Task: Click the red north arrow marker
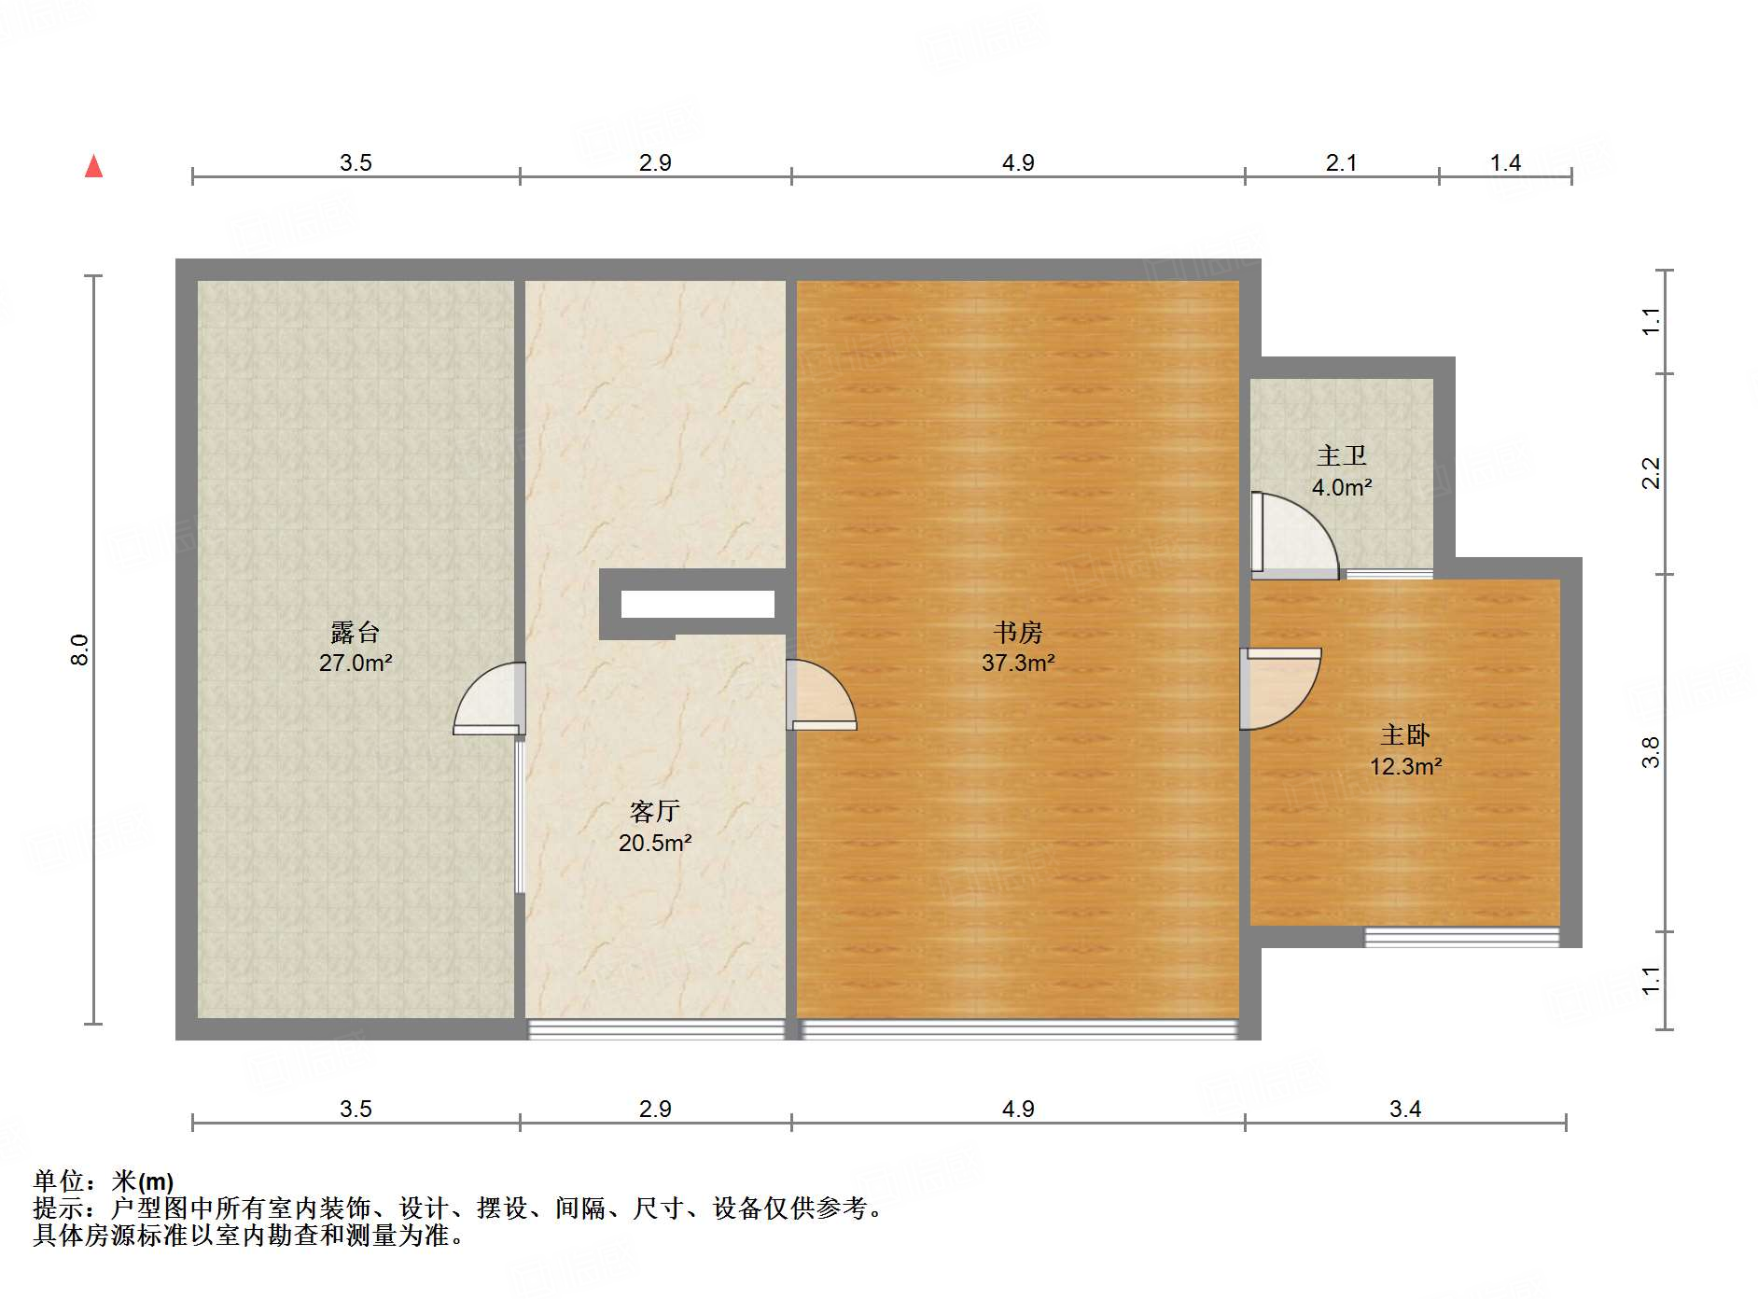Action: tap(94, 166)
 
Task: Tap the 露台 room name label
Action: tap(356, 633)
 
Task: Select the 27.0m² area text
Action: tap(356, 663)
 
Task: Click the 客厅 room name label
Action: tap(655, 812)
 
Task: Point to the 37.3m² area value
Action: tap(1018, 663)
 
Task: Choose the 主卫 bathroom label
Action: tap(1342, 455)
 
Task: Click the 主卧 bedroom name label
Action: tap(1405, 735)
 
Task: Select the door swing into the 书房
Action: tap(818, 695)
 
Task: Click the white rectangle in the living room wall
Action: tap(698, 604)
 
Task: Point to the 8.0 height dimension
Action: tap(80, 649)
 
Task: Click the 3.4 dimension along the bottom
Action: tap(1405, 1109)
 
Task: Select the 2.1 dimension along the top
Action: tap(1341, 163)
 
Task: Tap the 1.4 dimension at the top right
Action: tap(1505, 163)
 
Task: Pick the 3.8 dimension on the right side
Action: tap(1651, 752)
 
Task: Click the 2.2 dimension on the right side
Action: tap(1651, 473)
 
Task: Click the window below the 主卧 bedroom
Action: tap(1461, 937)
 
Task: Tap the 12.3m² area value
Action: tap(1405, 767)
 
